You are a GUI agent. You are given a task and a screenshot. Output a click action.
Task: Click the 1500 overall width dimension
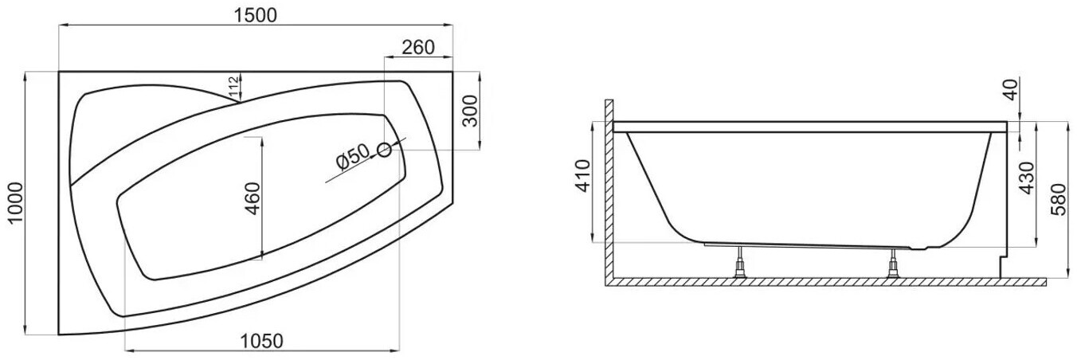click(x=256, y=15)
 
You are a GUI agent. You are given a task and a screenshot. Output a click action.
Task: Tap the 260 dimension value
click(x=418, y=48)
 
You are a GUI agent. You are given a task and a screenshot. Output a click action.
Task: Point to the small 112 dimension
click(x=233, y=87)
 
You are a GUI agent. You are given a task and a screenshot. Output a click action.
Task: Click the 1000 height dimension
click(x=15, y=202)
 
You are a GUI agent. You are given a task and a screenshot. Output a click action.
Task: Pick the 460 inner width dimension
click(x=252, y=198)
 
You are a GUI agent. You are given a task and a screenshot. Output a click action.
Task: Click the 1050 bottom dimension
click(x=261, y=341)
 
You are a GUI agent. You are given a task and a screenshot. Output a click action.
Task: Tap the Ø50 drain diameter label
click(x=353, y=157)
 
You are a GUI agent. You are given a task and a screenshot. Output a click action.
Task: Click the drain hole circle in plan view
click(x=384, y=151)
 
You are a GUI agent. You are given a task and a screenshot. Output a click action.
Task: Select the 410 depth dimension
click(x=583, y=176)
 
